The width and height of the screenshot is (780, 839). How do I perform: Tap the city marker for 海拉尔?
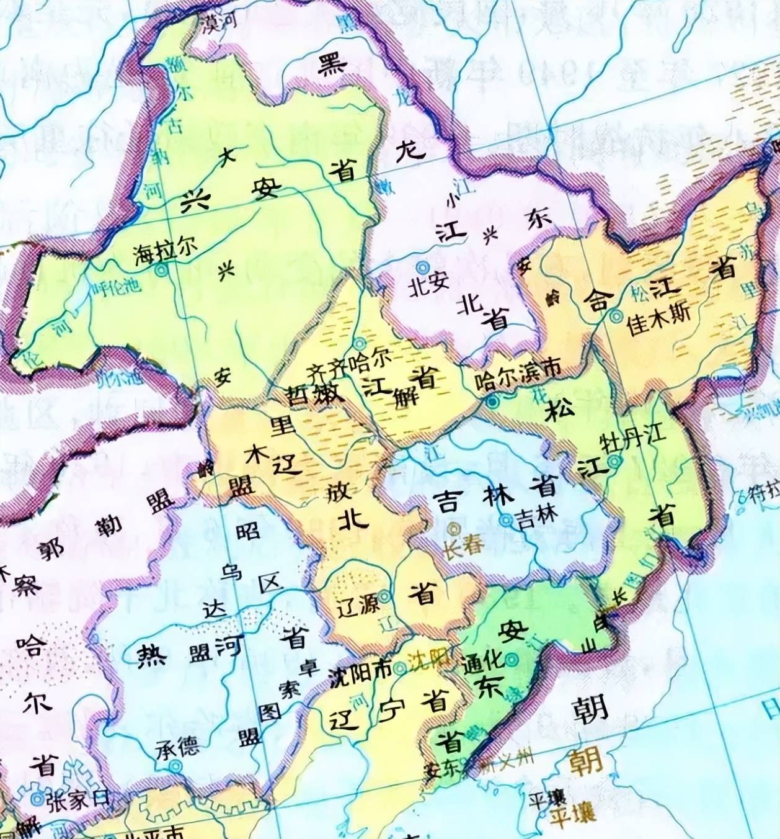coord(162,270)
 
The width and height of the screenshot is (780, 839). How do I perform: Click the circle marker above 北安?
coord(422,267)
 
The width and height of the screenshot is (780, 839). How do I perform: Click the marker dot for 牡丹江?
coord(614,462)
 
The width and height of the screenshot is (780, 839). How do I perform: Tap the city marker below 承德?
coord(177,766)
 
